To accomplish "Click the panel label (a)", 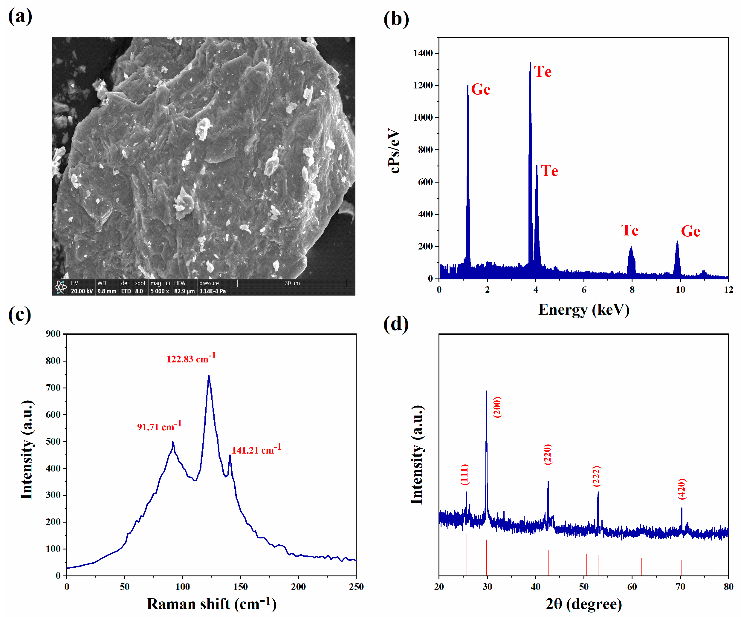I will (x=20, y=16).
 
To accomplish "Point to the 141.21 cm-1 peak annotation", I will (x=256, y=449).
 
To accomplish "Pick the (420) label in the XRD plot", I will (x=682, y=489).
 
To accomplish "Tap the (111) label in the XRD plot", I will (x=465, y=474).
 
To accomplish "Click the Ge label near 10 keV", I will (x=690, y=232).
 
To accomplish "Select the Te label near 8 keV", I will (x=630, y=230).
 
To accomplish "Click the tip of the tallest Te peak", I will (x=530, y=63).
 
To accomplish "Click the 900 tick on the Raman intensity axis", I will (x=53, y=334).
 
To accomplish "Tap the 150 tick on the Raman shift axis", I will (x=240, y=586).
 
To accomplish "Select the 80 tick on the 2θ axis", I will (x=728, y=586).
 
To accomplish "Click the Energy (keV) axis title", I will (x=584, y=310).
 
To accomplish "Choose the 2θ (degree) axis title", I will (x=584, y=604).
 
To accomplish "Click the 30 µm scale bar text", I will (x=292, y=283).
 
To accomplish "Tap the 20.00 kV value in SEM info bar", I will (x=82, y=291).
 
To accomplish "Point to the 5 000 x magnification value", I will (x=160, y=291).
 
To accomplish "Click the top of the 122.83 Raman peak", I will (x=209, y=375).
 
